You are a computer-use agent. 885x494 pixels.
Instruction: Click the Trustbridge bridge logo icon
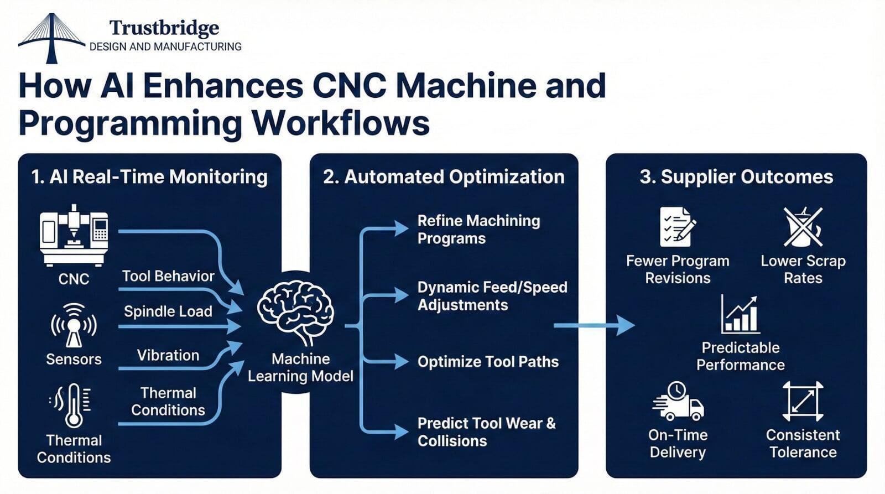pos(51,38)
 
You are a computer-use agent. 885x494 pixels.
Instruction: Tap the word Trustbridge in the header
pos(164,28)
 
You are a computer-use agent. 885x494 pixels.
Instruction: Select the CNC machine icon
pos(74,235)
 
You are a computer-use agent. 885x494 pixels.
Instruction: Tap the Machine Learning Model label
pos(300,367)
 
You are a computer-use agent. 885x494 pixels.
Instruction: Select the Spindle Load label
pos(168,311)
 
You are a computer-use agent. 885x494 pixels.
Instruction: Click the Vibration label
pos(168,355)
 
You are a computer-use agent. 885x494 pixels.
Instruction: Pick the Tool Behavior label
pos(168,276)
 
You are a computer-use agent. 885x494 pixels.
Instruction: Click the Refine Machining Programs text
pos(478,230)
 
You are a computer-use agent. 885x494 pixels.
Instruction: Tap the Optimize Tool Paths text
pos(488,362)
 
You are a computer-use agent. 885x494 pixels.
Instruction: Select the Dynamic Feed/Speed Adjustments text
pos(492,296)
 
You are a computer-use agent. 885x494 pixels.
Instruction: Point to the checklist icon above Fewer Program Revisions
pos(677,227)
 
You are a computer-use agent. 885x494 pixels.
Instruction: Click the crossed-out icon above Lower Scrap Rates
pos(803,227)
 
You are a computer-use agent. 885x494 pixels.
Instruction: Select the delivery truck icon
pos(678,401)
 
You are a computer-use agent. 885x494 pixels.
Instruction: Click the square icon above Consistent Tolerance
pos(803,401)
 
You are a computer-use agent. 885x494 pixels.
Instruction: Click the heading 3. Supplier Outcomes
pos(736,177)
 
